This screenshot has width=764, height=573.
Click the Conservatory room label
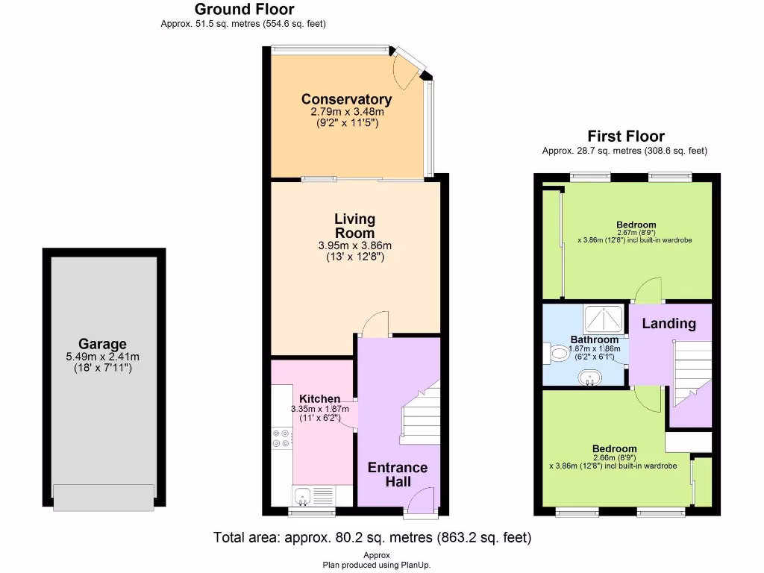pyautogui.click(x=346, y=99)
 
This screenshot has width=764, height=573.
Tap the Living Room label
pyautogui.click(x=354, y=225)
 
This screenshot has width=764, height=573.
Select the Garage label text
pyautogui.click(x=103, y=344)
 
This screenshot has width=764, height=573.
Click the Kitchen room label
pyautogui.click(x=319, y=399)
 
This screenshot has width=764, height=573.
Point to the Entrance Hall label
pyautogui.click(x=397, y=475)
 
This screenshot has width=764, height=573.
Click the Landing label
pyautogui.click(x=668, y=323)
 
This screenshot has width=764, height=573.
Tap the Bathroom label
pyautogui.click(x=594, y=339)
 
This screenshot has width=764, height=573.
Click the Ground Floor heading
pyautogui.click(x=244, y=10)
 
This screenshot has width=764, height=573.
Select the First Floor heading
pyautogui.click(x=625, y=137)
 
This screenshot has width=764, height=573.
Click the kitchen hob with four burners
pyautogui.click(x=282, y=438)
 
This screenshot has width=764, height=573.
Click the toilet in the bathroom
pyautogui.click(x=557, y=352)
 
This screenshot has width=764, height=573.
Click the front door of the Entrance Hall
pyautogui.click(x=421, y=501)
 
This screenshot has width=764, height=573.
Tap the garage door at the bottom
pyautogui.click(x=103, y=497)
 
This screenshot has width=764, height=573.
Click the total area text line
pyautogui.click(x=372, y=537)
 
